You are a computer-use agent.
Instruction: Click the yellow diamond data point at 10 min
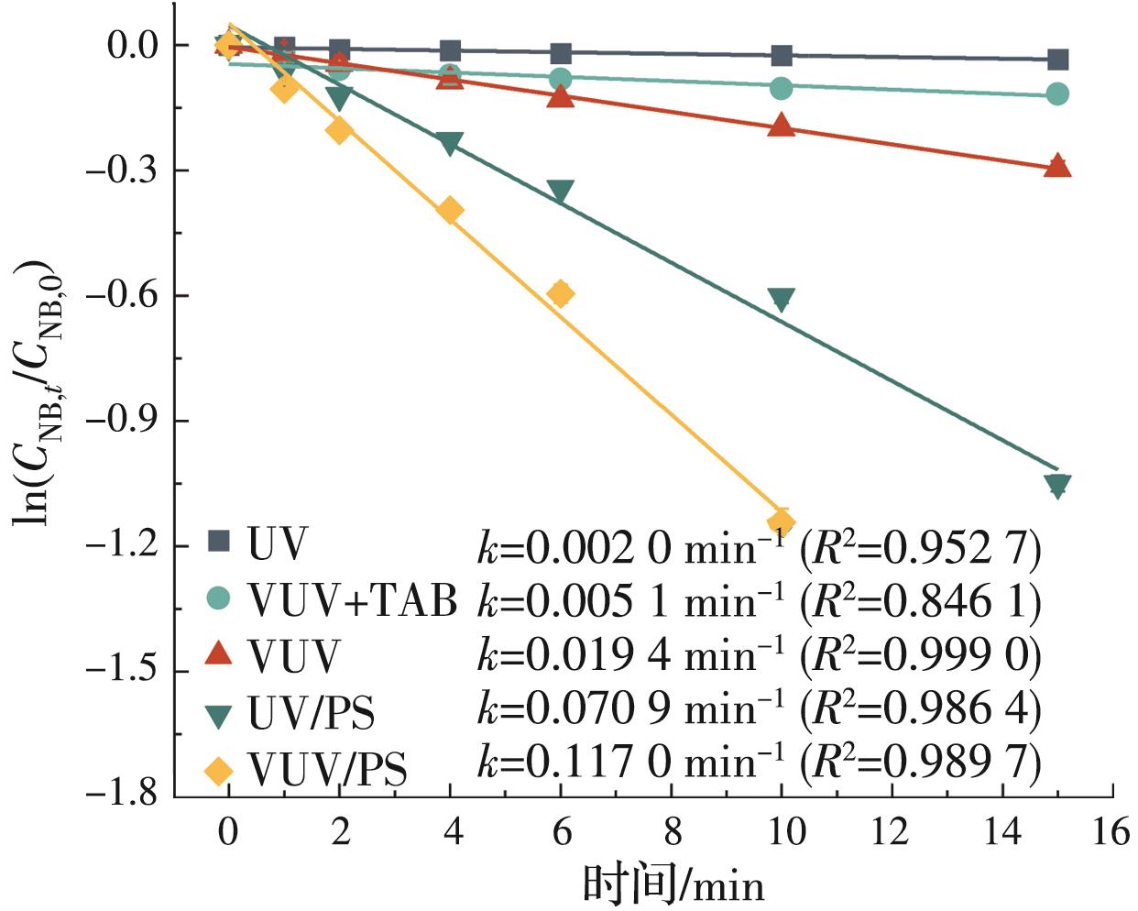pyautogui.click(x=781, y=523)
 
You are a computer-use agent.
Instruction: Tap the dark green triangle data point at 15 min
pyautogui.click(x=1057, y=486)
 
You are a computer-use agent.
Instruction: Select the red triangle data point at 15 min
pyautogui.click(x=1057, y=166)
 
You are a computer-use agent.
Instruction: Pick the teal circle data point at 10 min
pyautogui.click(x=781, y=88)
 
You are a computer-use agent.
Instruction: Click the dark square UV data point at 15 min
pyautogui.click(x=1057, y=60)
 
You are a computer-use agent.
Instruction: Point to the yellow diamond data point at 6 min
pyautogui.click(x=561, y=293)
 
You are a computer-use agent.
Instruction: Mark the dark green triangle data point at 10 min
pyautogui.click(x=781, y=300)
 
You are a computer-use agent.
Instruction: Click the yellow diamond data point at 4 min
pyautogui.click(x=449, y=211)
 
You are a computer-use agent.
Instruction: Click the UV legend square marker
pyautogui.click(x=218, y=541)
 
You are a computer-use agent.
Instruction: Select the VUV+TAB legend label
pyautogui.click(x=353, y=601)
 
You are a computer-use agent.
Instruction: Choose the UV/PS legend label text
pyautogui.click(x=312, y=712)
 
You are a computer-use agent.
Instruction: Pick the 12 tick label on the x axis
pyautogui.click(x=891, y=832)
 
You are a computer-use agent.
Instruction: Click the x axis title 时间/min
pyautogui.click(x=673, y=884)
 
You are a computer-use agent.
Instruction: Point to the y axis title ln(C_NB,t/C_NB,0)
pyautogui.click(x=35, y=392)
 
